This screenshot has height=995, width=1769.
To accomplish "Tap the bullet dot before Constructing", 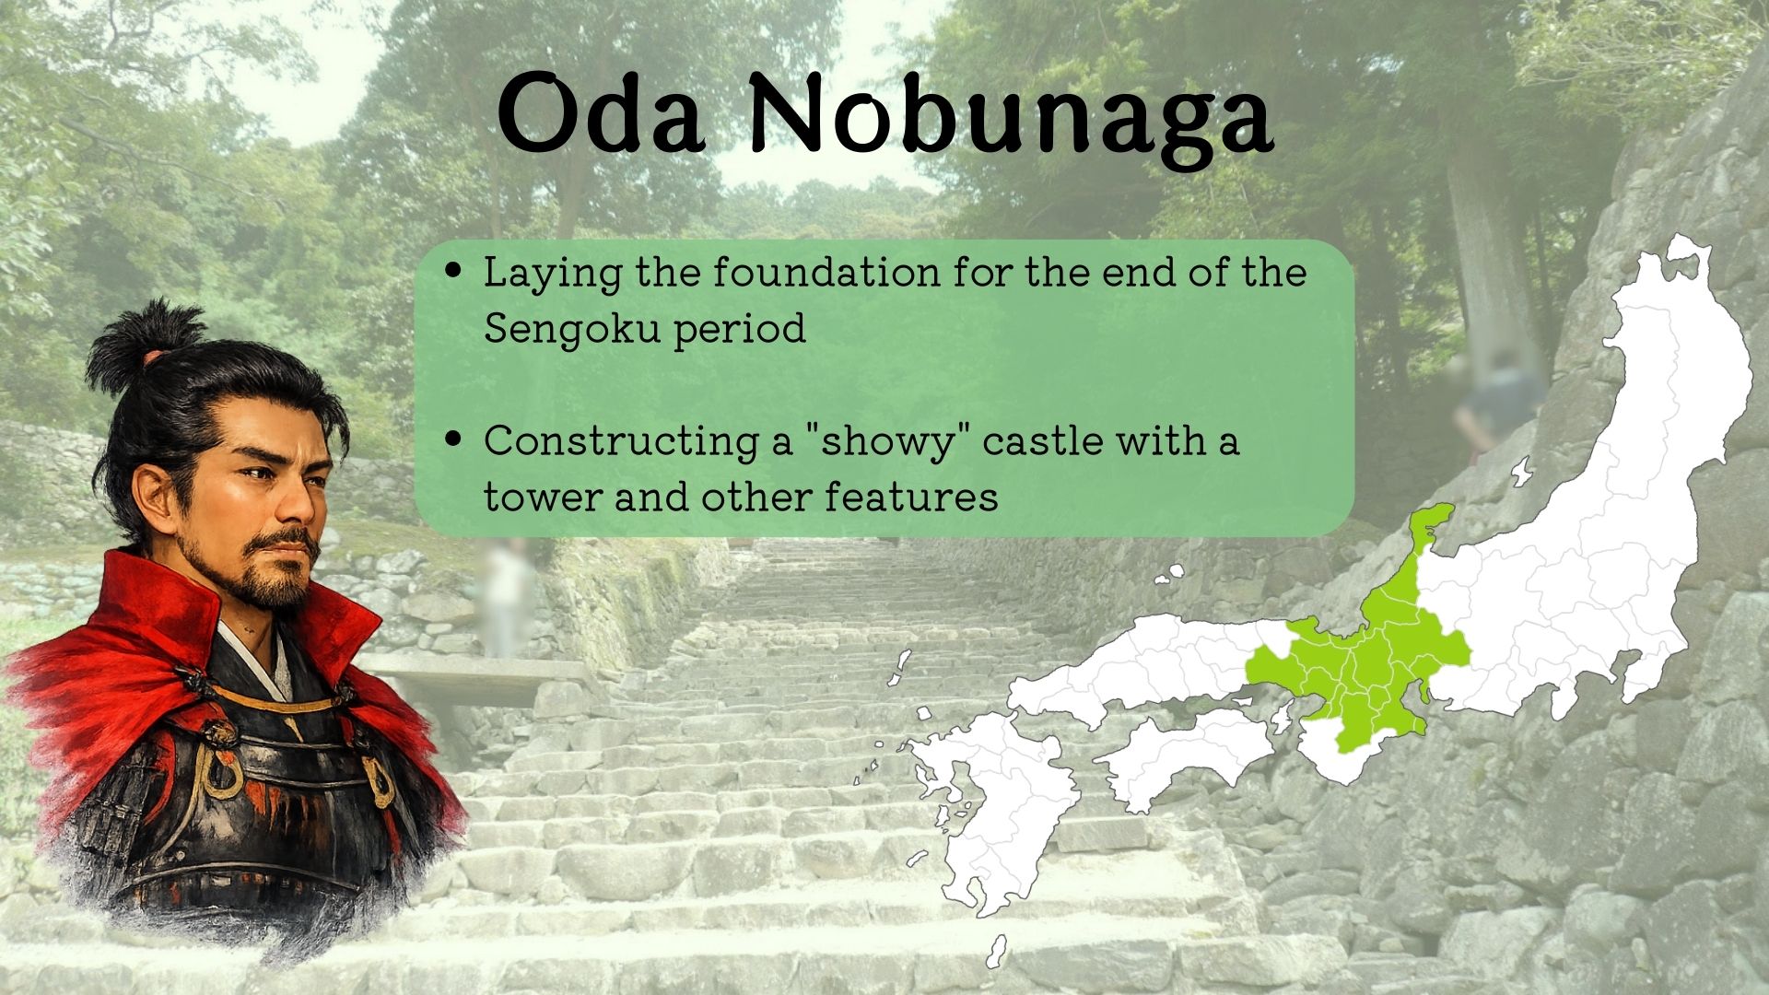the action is pyautogui.click(x=452, y=439).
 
